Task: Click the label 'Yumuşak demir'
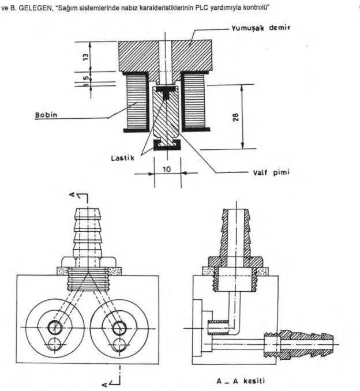(261, 28)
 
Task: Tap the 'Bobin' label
(46, 115)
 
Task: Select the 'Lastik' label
(122, 158)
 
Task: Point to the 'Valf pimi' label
(271, 172)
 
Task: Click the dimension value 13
(86, 57)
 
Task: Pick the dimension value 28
(235, 117)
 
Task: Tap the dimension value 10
(167, 170)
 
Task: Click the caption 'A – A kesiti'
(241, 381)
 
